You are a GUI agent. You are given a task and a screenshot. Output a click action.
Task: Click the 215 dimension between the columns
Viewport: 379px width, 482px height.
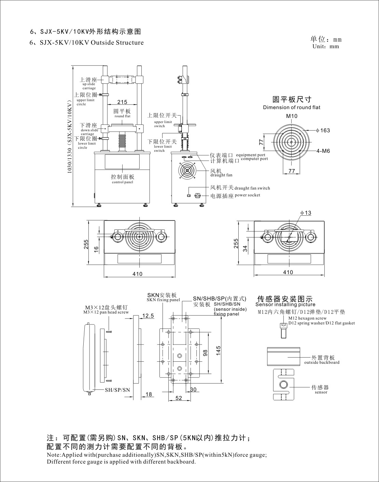point(122,102)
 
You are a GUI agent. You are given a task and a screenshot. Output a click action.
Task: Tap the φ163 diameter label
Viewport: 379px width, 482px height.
point(323,130)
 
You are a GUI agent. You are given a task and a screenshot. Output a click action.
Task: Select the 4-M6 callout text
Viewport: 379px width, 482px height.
point(323,151)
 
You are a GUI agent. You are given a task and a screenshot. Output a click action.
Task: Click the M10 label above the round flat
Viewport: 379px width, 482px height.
point(292,116)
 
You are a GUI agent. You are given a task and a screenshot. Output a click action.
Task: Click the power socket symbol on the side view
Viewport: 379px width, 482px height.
point(197,196)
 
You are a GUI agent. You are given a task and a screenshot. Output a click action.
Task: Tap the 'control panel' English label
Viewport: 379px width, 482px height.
point(123,182)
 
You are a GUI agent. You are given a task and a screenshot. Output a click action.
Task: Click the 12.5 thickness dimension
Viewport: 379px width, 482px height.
point(148,316)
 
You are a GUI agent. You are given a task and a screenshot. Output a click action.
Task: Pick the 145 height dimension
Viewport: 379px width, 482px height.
point(219,351)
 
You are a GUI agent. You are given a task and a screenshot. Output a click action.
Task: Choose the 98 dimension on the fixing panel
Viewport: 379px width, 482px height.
point(205,353)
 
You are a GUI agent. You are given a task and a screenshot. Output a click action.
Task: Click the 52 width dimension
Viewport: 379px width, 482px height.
point(179,398)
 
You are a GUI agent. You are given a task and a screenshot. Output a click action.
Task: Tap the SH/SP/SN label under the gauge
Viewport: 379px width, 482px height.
point(117,390)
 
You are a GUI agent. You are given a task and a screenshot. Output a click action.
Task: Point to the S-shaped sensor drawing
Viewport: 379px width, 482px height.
point(283,385)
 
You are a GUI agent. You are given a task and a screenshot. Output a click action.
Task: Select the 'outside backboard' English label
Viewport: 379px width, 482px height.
point(322,362)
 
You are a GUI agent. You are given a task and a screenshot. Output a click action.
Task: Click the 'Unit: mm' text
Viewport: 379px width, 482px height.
point(326,46)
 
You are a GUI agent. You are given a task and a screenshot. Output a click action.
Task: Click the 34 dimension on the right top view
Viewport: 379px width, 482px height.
point(245,249)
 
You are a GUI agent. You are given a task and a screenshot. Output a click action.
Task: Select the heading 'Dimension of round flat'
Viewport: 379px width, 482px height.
point(292,107)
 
